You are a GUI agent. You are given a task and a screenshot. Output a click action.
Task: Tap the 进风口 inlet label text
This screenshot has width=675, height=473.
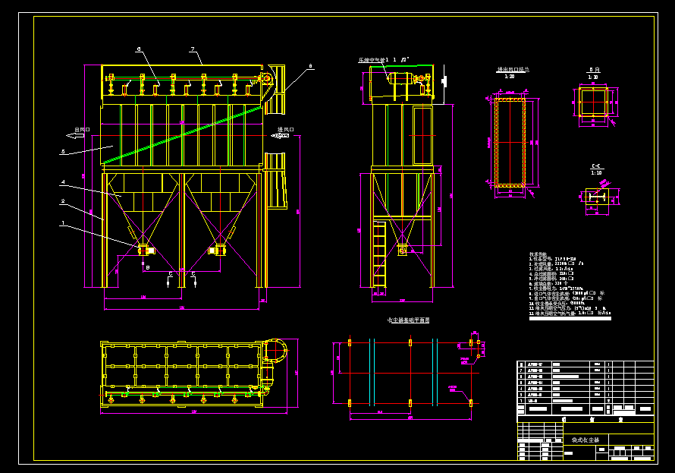(x=285, y=129)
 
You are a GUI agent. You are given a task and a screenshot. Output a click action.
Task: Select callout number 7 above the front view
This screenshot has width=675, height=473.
(x=193, y=49)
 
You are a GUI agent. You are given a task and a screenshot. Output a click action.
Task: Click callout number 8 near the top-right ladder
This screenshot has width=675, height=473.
(x=309, y=67)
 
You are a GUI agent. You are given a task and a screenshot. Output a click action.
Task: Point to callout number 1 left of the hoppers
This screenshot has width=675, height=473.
(x=63, y=223)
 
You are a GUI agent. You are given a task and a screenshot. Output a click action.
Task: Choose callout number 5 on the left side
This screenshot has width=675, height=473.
(x=63, y=152)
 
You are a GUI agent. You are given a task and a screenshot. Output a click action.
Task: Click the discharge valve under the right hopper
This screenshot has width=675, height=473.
(x=219, y=250)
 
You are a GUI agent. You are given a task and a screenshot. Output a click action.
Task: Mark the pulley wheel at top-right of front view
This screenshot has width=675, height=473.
(x=265, y=79)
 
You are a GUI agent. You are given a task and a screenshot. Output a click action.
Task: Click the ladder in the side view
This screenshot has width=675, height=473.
(x=379, y=254)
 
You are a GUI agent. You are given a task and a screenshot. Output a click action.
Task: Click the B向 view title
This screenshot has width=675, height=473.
(x=593, y=70)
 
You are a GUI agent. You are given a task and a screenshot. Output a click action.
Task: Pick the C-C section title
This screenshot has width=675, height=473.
(x=596, y=166)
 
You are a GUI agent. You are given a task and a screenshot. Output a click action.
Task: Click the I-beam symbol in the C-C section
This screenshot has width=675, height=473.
(x=597, y=197)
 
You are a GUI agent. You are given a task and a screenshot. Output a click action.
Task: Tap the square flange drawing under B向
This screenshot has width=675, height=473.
(x=593, y=102)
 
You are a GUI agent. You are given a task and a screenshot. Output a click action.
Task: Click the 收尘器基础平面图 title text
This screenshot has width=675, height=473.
(x=408, y=320)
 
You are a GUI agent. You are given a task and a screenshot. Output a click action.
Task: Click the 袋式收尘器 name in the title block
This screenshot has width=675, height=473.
(x=585, y=440)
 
